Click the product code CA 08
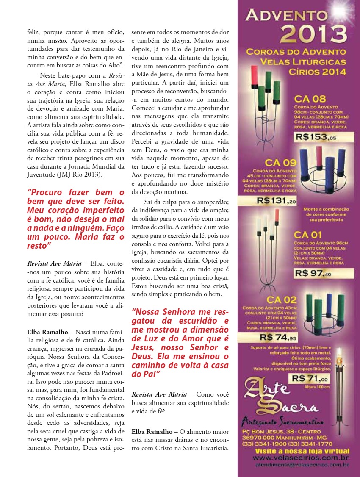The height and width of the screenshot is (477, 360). (x=310, y=100)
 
